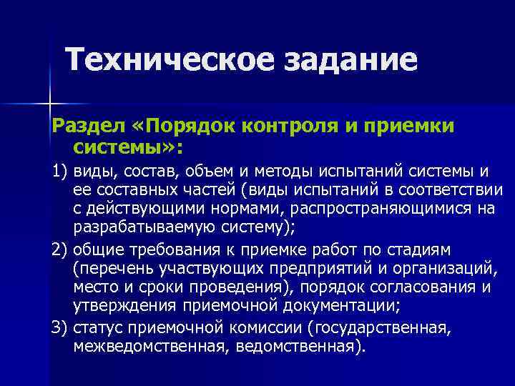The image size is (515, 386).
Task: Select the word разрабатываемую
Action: [x=133, y=229]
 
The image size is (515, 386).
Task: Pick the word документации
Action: [x=333, y=307]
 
